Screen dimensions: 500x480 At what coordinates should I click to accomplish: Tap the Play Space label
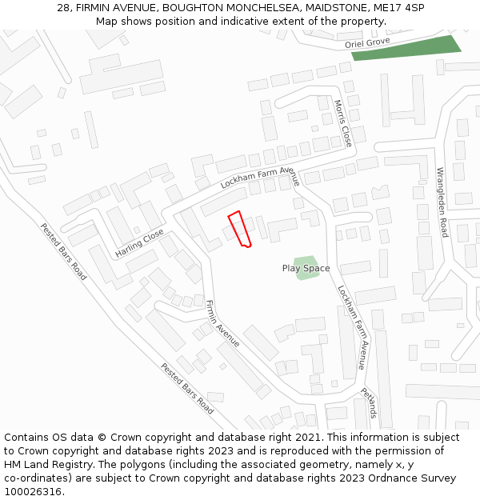[306, 269]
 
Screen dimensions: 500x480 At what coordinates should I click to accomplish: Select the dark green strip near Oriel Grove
[406, 48]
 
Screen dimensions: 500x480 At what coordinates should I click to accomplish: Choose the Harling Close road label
[139, 243]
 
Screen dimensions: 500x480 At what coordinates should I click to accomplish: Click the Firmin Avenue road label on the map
[222, 323]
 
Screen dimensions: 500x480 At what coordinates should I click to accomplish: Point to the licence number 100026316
[34, 492]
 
